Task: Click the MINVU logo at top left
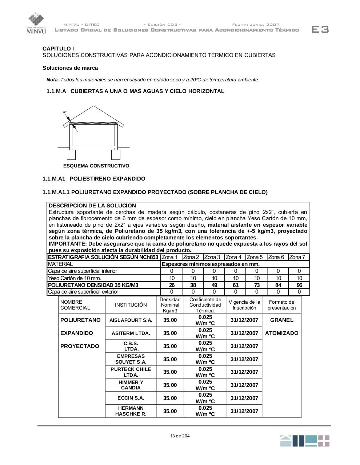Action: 36,23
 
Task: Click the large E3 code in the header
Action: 320,29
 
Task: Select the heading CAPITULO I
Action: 58,48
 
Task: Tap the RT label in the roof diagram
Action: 65,113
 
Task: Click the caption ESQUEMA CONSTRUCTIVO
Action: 96,166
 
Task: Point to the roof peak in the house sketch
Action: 94,106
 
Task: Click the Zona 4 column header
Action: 233,257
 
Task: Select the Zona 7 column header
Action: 297,257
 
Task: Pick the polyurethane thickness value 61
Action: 236,285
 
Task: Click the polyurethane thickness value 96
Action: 299,285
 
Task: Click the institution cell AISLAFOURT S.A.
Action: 131,320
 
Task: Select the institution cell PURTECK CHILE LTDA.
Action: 131,372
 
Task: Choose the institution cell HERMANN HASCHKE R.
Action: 131,411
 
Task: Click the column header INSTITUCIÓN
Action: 131,305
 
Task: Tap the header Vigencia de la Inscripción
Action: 244,305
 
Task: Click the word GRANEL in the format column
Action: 281,320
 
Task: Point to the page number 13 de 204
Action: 180,436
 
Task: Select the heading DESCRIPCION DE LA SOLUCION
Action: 92,206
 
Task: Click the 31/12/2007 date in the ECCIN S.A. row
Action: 244,398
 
